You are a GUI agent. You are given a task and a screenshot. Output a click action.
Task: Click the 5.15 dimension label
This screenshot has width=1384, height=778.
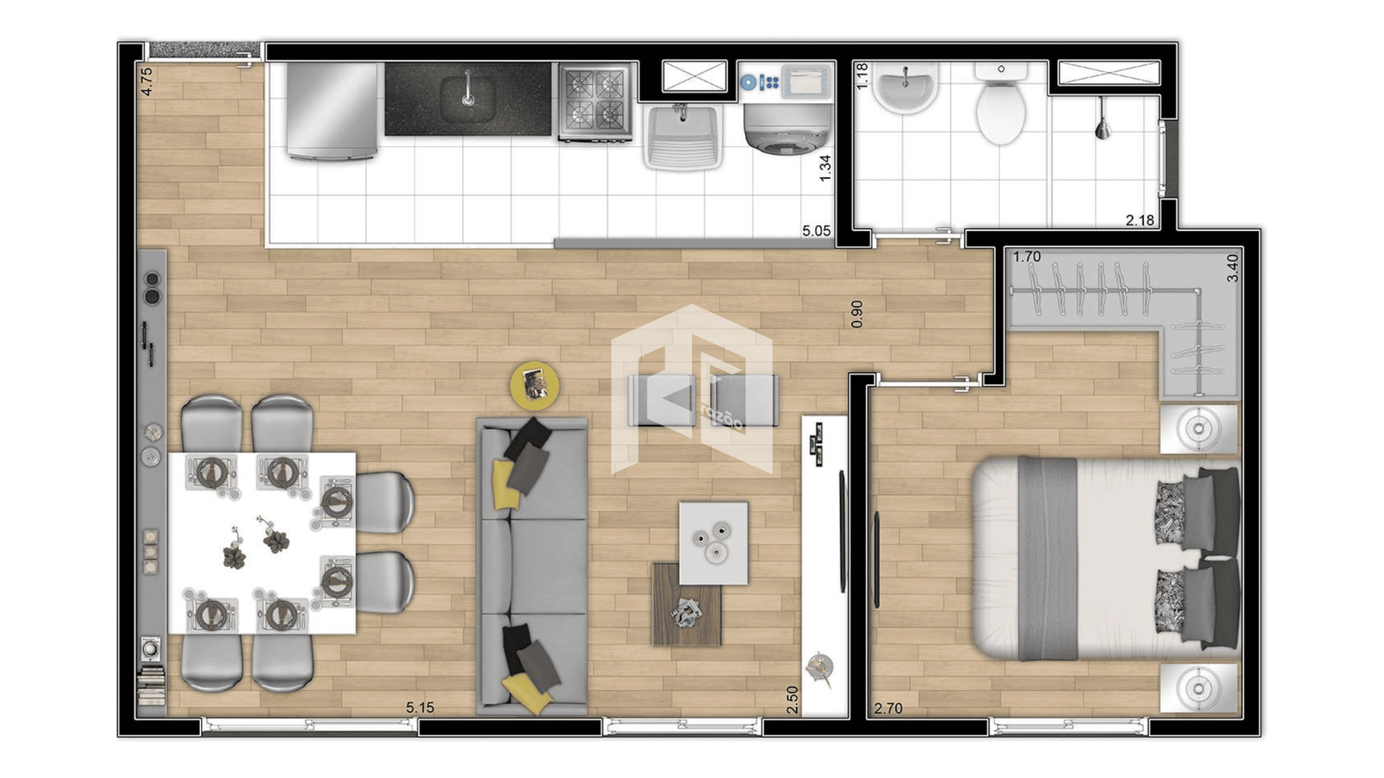pos(420,707)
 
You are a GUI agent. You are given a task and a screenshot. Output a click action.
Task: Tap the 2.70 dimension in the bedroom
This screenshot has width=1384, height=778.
pos(888,708)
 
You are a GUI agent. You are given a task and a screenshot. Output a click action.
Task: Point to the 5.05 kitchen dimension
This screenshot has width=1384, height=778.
pos(816,231)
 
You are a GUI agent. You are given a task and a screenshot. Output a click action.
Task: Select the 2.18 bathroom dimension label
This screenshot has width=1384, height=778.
pos(1140,220)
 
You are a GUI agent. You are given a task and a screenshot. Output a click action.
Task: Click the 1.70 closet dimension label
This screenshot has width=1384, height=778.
pos(1026,256)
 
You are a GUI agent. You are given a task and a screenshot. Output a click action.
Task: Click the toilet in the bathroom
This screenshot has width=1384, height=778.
pos(1001,103)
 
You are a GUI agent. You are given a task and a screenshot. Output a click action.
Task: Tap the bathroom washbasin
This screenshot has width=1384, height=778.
pos(905,88)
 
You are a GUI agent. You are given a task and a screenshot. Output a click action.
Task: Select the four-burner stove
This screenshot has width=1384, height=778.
pos(595,101)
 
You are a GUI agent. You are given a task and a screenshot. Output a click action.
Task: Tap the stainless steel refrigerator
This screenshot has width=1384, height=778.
pos(332,110)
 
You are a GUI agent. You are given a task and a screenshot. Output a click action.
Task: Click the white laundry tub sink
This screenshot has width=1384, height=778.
pos(683,137)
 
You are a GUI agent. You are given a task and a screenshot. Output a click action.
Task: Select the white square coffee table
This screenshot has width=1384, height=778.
pos(714,543)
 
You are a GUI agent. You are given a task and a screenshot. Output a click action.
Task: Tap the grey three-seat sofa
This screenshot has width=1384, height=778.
pos(532,566)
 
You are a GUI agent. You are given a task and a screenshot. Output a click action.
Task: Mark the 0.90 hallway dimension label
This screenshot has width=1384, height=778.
pos(856,314)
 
